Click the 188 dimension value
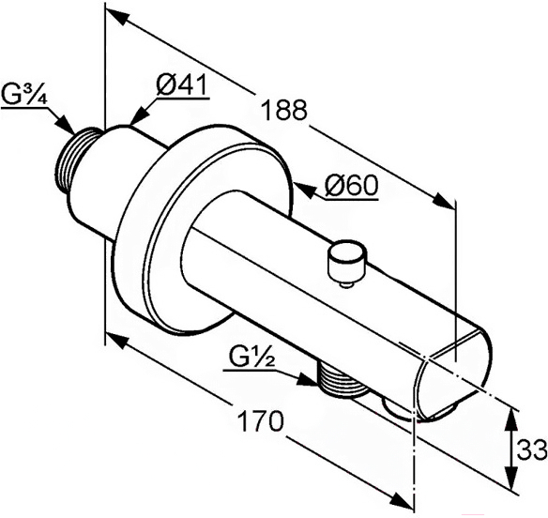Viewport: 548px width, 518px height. tap(284, 110)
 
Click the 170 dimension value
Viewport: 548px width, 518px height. tap(259, 421)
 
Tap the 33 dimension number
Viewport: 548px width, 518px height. tap(532, 450)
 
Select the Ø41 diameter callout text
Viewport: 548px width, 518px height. tap(182, 84)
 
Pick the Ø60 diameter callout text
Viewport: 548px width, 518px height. tap(351, 186)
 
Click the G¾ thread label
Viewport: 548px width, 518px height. tap(23, 95)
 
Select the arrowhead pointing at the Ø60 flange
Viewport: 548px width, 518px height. tap(304, 190)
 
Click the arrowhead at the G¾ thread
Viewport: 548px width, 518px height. tap(65, 124)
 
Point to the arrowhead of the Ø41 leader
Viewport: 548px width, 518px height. tap(138, 116)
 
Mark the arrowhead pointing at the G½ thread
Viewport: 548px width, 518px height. tap(307, 380)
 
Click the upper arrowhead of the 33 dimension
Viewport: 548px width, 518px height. tap(511, 418)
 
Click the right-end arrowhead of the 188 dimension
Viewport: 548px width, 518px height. tap(444, 202)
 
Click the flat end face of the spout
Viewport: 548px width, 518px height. tap(453, 377)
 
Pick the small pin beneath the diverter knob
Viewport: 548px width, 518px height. tap(346, 286)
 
